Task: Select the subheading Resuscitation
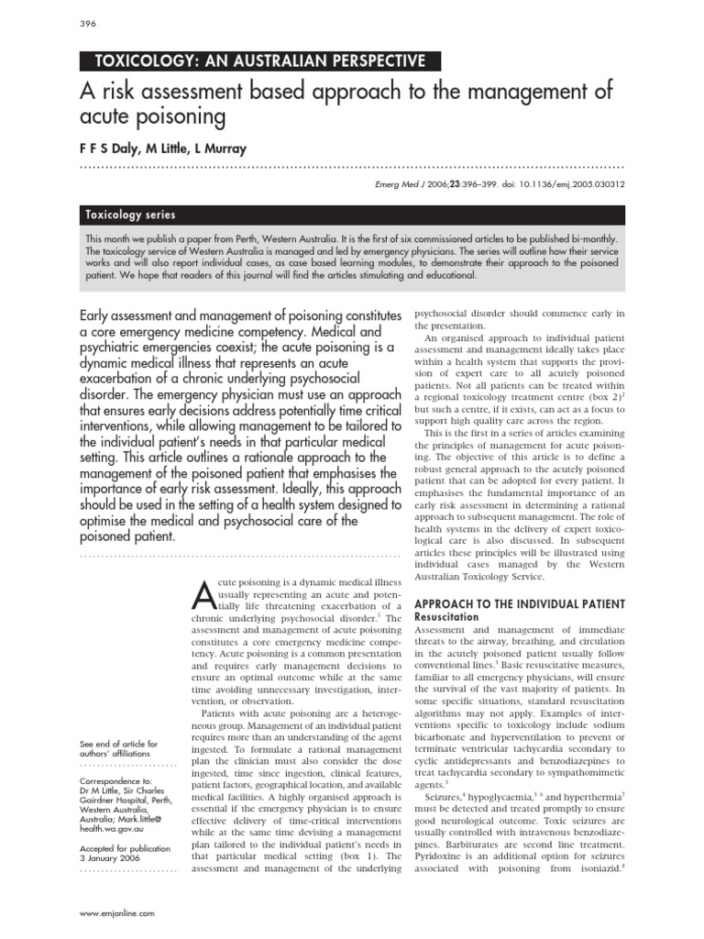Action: point(447,617)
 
